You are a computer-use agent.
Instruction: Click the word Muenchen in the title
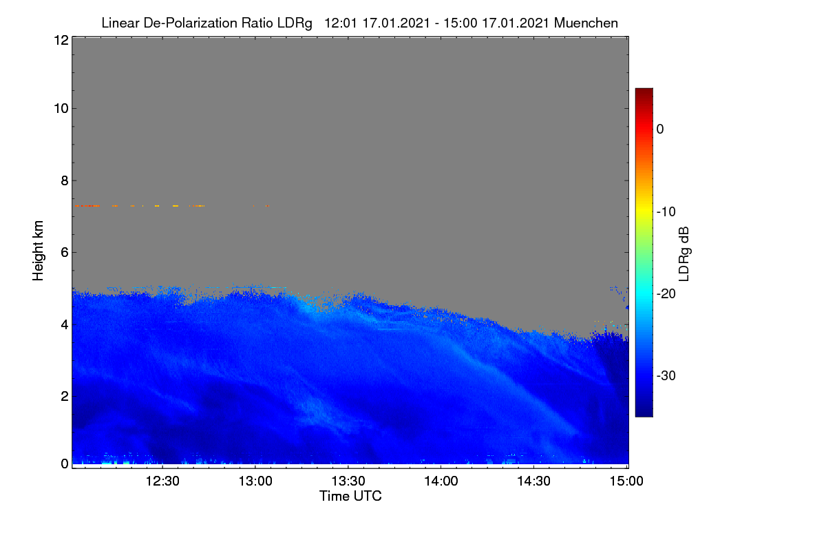coord(586,23)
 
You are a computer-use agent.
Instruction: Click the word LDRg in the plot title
coord(295,23)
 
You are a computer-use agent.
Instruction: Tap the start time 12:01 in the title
coord(341,23)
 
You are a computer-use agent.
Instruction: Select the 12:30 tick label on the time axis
coord(162,481)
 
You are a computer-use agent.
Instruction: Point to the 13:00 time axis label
coord(255,481)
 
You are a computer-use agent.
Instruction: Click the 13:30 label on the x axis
coord(348,481)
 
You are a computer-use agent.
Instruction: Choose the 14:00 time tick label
coord(441,481)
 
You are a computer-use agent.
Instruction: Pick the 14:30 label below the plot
coord(534,481)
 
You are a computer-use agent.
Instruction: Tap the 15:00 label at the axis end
coord(626,481)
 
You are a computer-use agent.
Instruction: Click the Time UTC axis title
coord(350,496)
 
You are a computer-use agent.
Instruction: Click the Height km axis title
coord(38,251)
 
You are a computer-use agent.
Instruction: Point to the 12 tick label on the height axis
coord(61,40)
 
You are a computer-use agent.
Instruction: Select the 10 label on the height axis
coord(61,109)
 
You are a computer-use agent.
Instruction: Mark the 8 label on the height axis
coord(65,181)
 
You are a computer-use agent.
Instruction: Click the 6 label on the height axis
coord(65,253)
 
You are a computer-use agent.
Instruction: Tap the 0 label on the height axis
coord(65,464)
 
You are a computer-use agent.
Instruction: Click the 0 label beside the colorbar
coord(660,129)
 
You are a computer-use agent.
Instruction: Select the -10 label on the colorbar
coord(666,212)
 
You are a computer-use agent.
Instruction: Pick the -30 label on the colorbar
coord(666,375)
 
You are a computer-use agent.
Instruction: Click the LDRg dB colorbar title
coord(684,254)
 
